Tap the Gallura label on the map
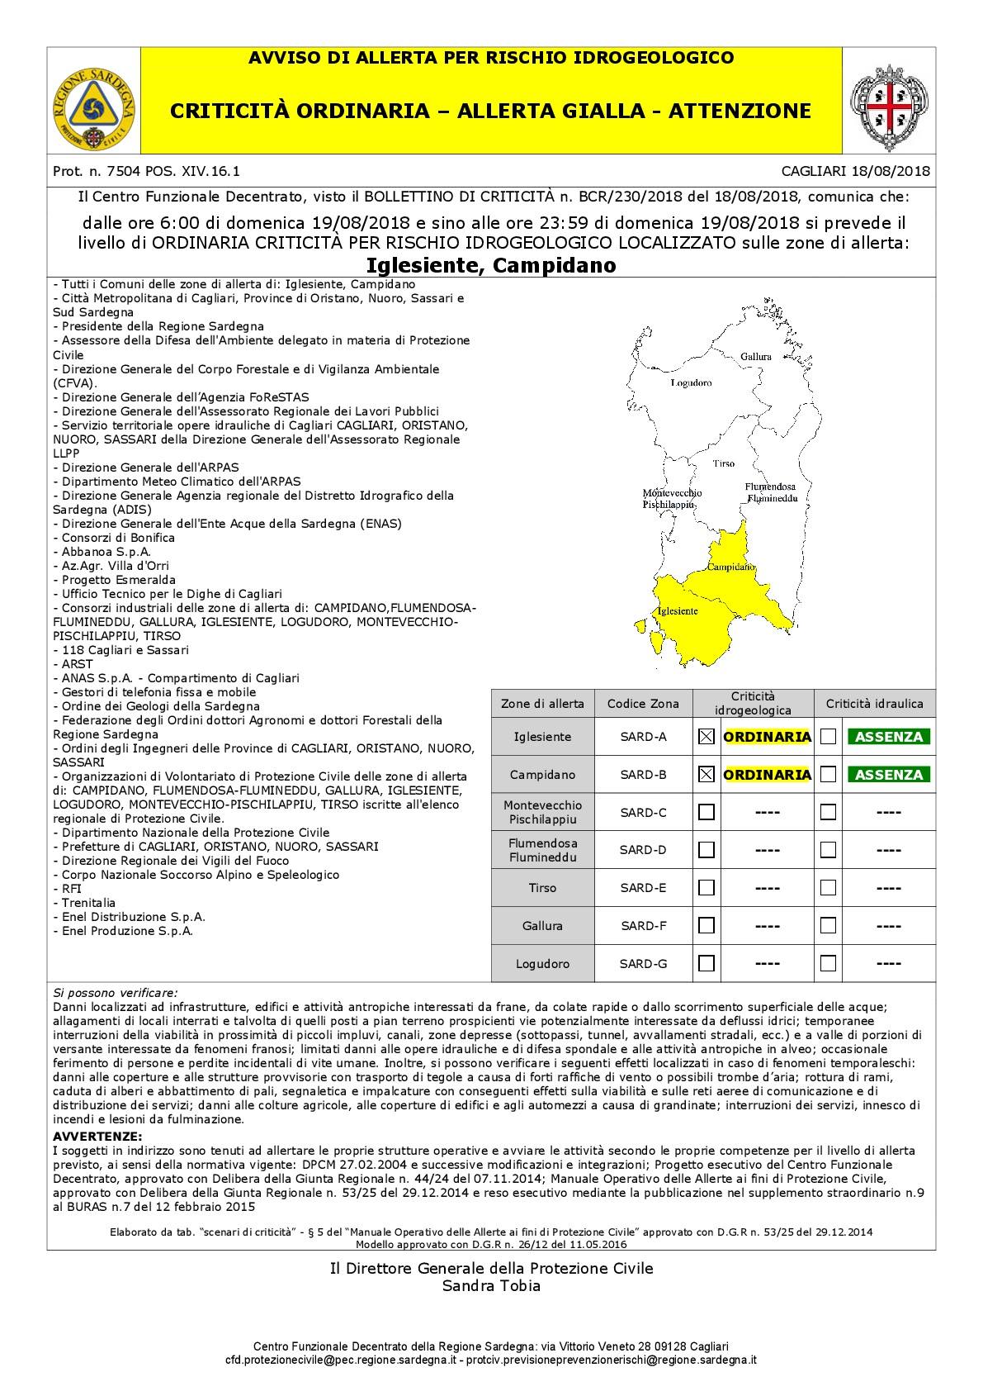point(755,356)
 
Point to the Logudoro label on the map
point(691,382)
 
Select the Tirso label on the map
point(724,463)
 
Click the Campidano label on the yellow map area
point(730,567)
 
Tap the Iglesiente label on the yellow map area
point(677,610)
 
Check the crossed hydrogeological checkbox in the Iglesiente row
point(706,737)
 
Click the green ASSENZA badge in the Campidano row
point(888,775)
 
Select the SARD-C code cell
point(643,813)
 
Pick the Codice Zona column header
point(643,704)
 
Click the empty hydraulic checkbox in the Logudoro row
point(828,963)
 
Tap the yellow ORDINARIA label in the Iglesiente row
point(767,737)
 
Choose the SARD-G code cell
point(643,963)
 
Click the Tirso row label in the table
point(542,888)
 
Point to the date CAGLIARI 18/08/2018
point(855,172)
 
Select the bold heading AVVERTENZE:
point(97,1137)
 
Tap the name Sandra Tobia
point(491,1286)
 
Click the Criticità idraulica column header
point(875,704)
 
